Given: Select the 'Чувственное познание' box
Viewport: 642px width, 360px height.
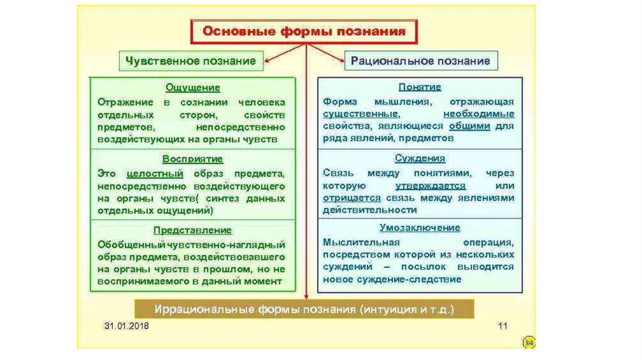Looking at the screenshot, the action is pos(191,61).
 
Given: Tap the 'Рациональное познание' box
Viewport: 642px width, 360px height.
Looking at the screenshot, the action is pos(420,61).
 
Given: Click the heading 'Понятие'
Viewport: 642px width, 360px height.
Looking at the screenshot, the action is pos(419,88).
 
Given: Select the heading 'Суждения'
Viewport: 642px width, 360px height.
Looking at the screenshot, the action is pos(419,159).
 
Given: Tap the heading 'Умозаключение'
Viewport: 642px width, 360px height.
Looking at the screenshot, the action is pos(419,228).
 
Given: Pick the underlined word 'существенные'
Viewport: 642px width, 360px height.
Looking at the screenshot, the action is pos(361,114).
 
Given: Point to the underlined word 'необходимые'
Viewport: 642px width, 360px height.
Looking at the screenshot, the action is pos(478,114).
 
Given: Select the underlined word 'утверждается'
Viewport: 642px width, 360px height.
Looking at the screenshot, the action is pos(430,186).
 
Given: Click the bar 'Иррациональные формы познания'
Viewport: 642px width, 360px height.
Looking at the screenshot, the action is pos(305,310).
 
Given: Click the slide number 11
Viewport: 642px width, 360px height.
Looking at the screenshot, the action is pos(502,327).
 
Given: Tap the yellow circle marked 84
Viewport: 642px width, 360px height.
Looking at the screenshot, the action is pos(528,342).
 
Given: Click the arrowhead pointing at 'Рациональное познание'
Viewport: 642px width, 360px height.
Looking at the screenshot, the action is pos(341,61).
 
